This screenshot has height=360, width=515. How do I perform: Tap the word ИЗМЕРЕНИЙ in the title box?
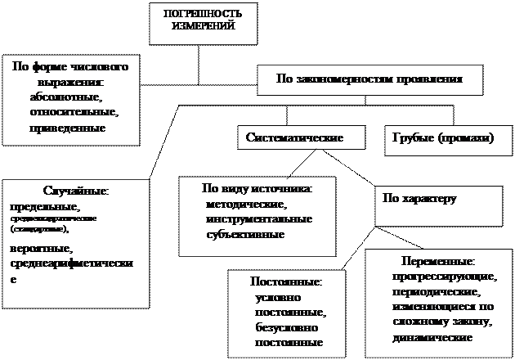point(204,26)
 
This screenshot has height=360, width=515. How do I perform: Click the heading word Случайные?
point(75,191)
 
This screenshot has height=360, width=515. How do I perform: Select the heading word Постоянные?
point(285,281)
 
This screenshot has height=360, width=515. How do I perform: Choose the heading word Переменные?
point(438,262)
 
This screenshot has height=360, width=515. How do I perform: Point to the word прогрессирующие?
point(441,277)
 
